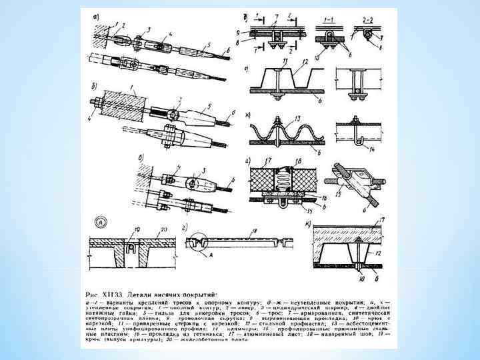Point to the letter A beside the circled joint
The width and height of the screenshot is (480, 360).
pos(211,255)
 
